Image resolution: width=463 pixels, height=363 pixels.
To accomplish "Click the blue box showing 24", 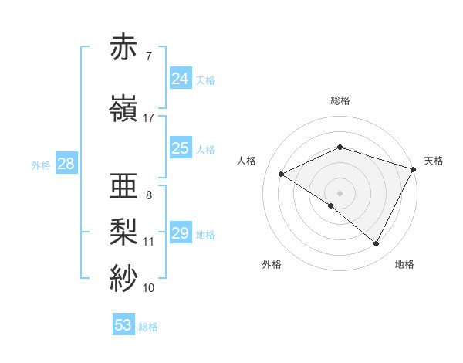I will (180, 79).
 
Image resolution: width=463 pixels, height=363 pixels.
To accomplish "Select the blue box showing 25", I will (180, 148).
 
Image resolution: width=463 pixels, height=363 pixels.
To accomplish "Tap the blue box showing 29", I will (180, 232).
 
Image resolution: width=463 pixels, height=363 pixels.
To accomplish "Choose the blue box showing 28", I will (66, 164).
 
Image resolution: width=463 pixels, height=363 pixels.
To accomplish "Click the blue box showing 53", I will (123, 325).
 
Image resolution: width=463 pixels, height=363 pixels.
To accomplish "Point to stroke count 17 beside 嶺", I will (149, 118).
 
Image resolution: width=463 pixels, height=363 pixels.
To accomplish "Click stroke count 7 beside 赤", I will (148, 56).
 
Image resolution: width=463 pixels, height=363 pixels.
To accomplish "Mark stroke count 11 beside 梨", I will (149, 242).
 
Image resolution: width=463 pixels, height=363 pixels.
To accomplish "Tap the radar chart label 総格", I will (340, 100).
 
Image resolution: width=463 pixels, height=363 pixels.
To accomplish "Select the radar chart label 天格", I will (434, 161).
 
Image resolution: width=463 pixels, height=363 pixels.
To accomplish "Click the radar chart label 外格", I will (272, 264).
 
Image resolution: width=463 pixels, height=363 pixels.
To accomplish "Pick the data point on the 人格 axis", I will (282, 175).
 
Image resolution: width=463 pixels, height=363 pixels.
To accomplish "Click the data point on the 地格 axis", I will (377, 244).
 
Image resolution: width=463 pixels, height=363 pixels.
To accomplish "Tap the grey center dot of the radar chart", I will (340, 192).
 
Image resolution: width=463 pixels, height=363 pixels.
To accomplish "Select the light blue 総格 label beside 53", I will (148, 327).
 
